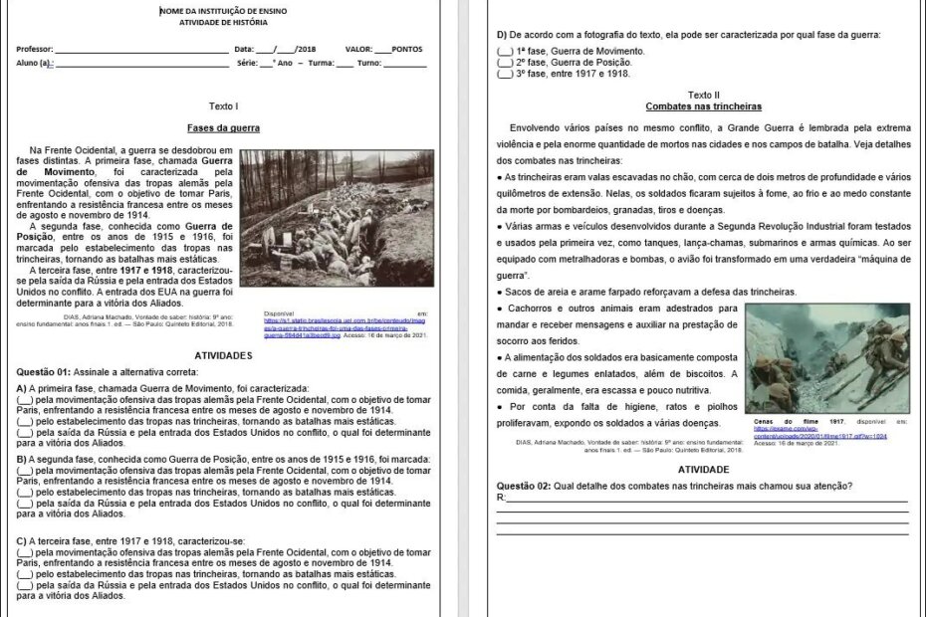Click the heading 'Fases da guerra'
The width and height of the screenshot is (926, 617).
pyautogui.click(x=223, y=127)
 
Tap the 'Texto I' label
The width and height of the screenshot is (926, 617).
pyautogui.click(x=223, y=104)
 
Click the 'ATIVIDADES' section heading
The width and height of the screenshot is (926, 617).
pyautogui.click(x=223, y=355)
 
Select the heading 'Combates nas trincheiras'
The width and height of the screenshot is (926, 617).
pyautogui.click(x=703, y=105)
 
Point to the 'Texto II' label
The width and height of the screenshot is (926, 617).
pyautogui.click(x=703, y=95)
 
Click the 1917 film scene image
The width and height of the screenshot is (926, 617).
pyautogui.click(x=826, y=359)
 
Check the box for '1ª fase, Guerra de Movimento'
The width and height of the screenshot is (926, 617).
pyautogui.click(x=506, y=51)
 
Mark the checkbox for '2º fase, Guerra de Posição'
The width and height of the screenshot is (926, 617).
pyautogui.click(x=506, y=62)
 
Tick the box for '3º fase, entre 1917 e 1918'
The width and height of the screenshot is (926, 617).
pyautogui.click(x=506, y=73)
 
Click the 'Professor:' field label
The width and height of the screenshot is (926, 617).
pyautogui.click(x=35, y=49)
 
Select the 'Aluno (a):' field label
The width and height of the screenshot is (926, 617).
pyautogui.click(x=34, y=63)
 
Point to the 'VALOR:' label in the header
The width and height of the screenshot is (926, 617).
pyautogui.click(x=359, y=49)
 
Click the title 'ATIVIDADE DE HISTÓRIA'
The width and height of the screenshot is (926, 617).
pyautogui.click(x=223, y=22)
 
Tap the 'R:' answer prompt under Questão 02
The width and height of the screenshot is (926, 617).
pyautogui.click(x=501, y=497)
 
